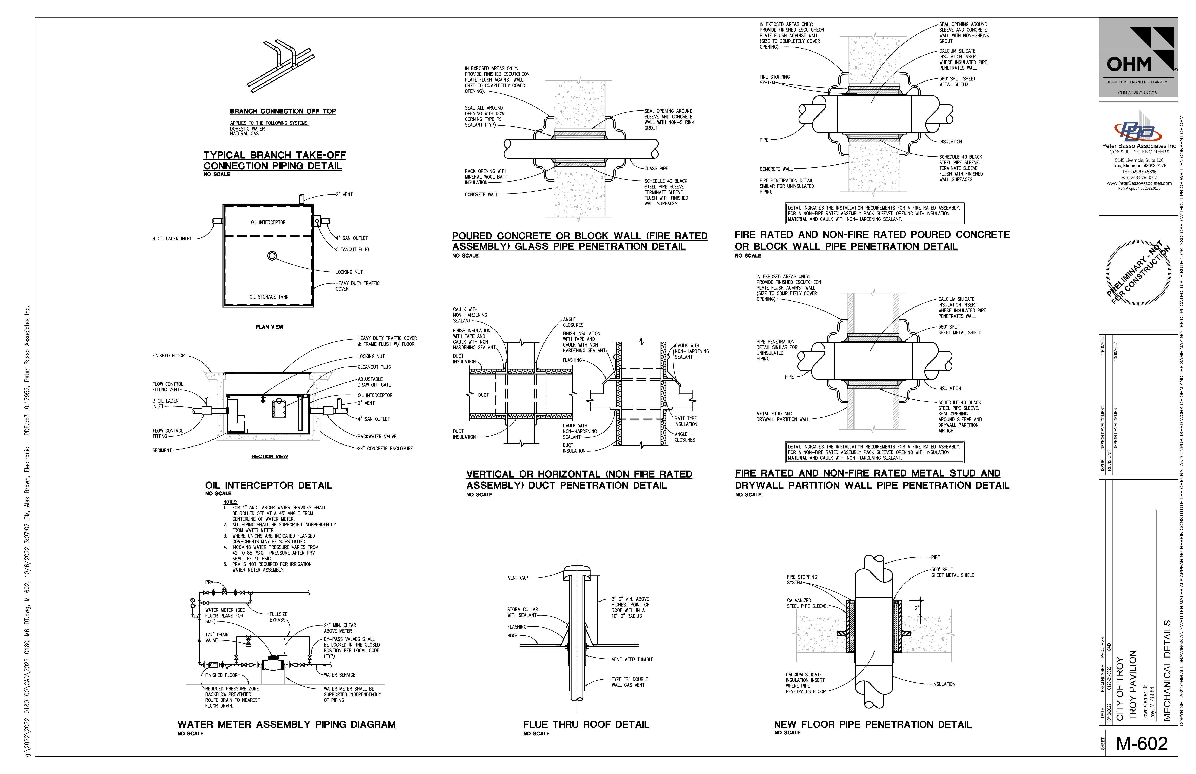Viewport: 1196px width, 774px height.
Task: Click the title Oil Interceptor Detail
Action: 268,486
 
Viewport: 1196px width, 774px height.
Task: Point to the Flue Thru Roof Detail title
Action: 586,724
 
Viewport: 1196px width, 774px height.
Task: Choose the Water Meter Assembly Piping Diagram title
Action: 287,724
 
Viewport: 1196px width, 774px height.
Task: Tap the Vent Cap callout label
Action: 518,578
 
